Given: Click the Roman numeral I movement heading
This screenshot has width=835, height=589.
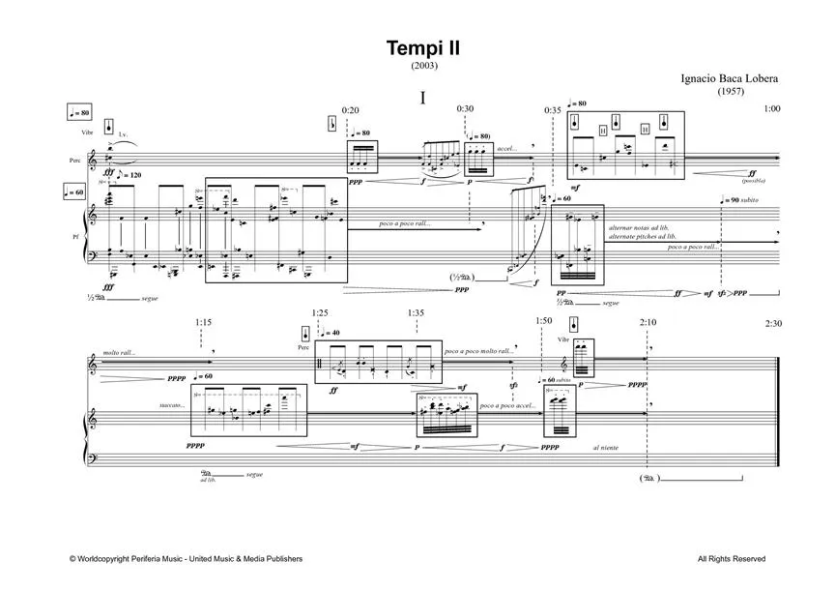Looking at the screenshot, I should click(x=423, y=98).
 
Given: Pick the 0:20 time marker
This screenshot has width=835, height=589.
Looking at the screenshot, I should click(x=350, y=110).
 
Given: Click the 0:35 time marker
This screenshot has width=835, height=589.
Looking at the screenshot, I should click(x=553, y=110).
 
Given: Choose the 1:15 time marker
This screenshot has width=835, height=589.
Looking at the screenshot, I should click(x=202, y=323).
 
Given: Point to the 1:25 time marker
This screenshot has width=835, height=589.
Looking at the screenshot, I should click(x=320, y=312).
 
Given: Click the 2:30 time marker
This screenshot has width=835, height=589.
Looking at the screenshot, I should click(x=772, y=323).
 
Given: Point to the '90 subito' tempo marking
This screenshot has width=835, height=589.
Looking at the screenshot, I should click(x=744, y=200).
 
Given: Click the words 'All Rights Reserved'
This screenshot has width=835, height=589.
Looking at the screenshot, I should click(x=732, y=559).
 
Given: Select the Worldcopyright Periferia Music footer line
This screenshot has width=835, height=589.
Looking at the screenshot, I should click(x=186, y=559).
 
